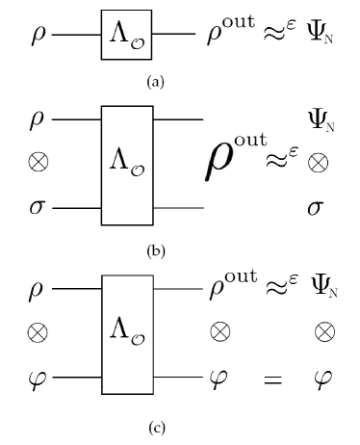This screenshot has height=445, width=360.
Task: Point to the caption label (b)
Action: (154, 252)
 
